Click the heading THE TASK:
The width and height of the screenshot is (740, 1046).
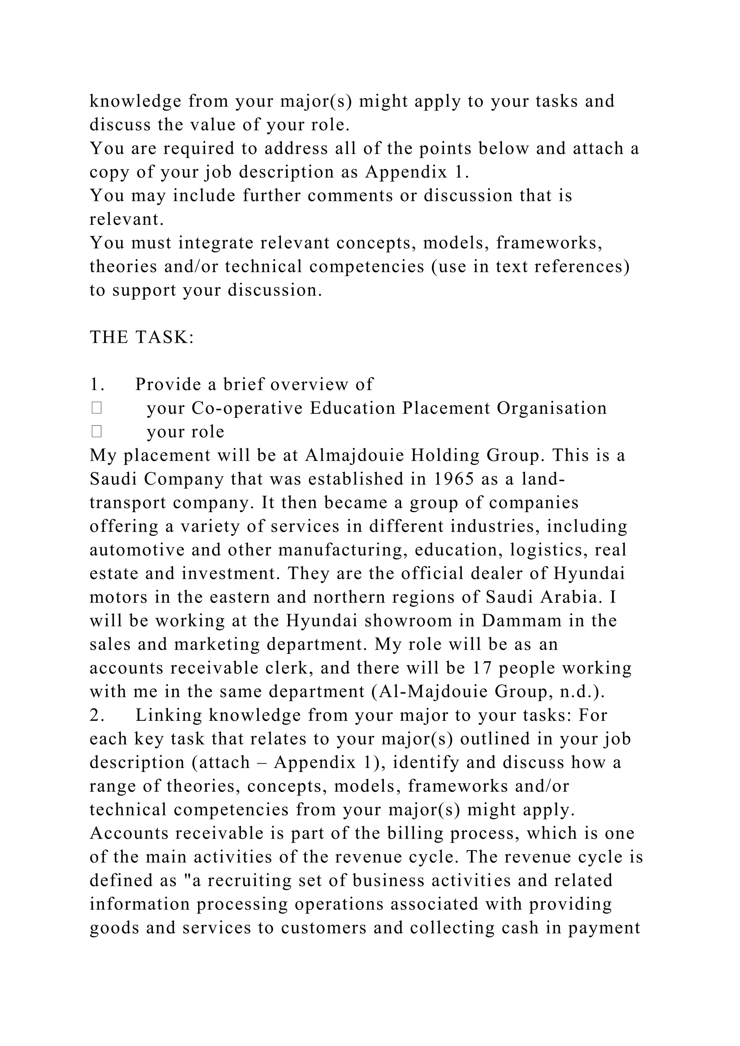point(142,338)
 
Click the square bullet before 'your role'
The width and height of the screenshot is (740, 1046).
point(96,431)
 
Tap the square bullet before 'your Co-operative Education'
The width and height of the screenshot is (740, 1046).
point(96,408)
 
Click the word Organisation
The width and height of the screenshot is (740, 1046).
point(552,408)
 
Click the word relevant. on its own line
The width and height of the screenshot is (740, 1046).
point(126,220)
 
